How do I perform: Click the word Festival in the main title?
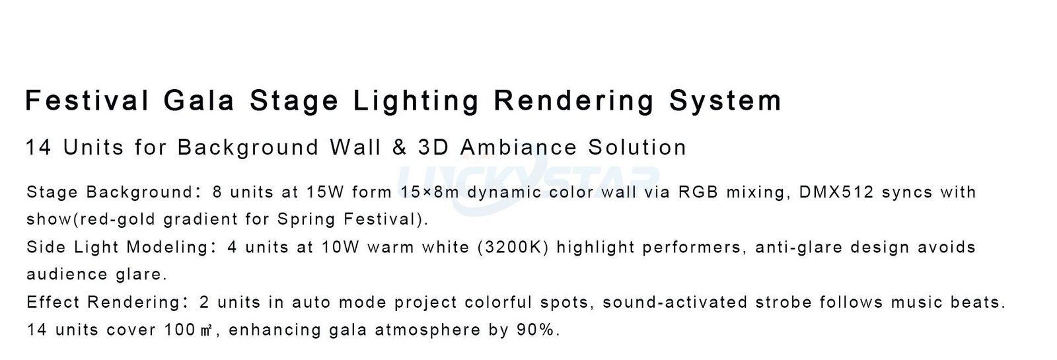point(87,100)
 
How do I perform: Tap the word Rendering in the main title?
point(574,100)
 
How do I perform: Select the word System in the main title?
point(725,100)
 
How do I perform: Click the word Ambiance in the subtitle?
point(518,147)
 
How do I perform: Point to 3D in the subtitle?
point(433,147)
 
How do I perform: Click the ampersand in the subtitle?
point(399,147)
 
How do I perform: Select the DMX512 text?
point(836,192)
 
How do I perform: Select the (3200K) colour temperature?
point(513,247)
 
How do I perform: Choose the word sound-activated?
point(675,302)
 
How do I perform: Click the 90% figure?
point(538,330)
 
